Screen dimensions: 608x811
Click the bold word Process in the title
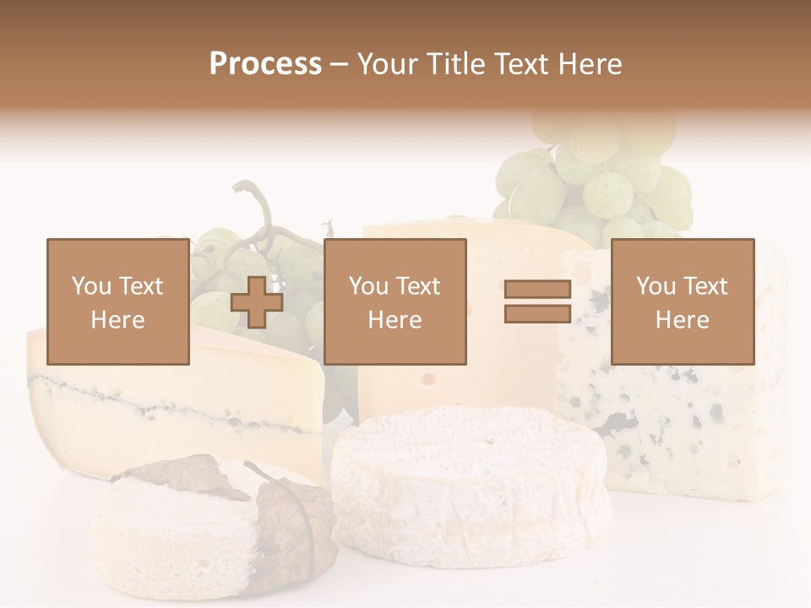click(x=265, y=63)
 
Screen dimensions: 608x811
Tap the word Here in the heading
click(x=588, y=63)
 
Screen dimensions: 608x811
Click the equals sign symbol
click(x=537, y=301)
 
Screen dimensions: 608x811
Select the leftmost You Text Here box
click(x=117, y=301)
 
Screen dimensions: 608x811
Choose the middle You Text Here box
click(x=395, y=301)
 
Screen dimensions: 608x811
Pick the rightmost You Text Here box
click(x=682, y=301)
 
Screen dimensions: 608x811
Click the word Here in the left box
click(x=117, y=320)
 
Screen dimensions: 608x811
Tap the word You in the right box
click(x=656, y=286)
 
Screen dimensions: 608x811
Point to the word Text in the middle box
click(x=418, y=286)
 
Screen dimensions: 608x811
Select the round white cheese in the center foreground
click(x=470, y=481)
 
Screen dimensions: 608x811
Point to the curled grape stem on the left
click(x=253, y=203)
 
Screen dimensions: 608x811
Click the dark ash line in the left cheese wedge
click(x=169, y=401)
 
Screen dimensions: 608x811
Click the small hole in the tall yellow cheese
click(x=429, y=379)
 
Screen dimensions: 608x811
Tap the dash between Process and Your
click(x=340, y=64)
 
